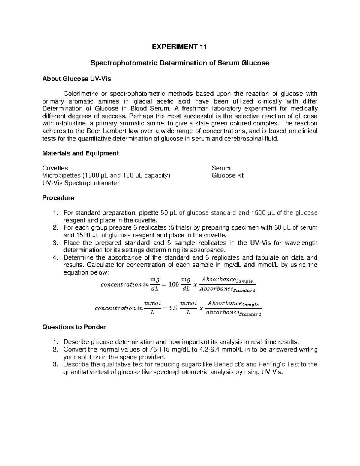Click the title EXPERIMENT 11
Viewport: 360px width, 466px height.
(180, 47)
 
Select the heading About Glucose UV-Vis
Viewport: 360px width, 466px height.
(76, 79)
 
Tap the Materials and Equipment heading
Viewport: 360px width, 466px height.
(80, 153)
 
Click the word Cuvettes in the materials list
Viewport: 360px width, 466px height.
(55, 168)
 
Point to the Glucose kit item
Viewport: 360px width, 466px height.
(227, 176)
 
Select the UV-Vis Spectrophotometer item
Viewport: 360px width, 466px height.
(81, 183)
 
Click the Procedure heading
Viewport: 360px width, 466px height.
(58, 198)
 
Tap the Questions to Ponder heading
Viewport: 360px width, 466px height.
(74, 327)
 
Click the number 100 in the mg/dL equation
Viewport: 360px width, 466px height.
(173, 284)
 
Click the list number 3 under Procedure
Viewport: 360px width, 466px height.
(55, 243)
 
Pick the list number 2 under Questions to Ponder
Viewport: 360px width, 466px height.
(55, 350)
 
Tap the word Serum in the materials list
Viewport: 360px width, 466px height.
(221, 168)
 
